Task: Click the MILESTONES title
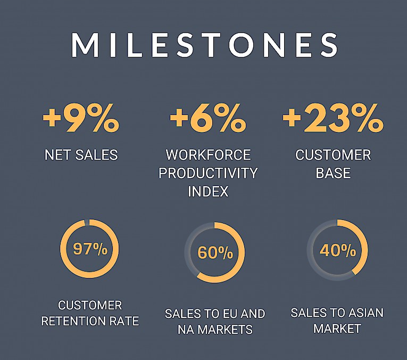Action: click(204, 45)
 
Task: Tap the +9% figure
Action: click(81, 118)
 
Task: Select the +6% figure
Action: click(207, 118)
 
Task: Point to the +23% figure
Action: click(333, 118)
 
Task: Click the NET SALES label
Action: click(81, 155)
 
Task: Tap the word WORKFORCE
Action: click(208, 155)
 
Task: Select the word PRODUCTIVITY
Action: click(208, 173)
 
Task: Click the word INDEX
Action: click(208, 192)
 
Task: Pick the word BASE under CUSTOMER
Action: click(333, 173)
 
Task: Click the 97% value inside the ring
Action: click(90, 249)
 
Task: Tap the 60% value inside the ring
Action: click(215, 252)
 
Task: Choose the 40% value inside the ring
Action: click(338, 251)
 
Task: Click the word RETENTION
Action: click(73, 322)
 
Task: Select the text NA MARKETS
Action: click(215, 330)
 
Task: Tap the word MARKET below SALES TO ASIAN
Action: click(337, 329)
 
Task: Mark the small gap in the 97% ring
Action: click(87, 223)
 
